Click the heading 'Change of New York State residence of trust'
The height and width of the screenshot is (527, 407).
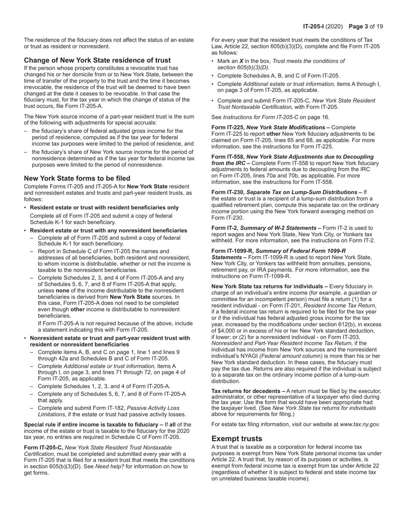(x=97, y=60)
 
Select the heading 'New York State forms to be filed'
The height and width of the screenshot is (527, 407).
(x=77, y=178)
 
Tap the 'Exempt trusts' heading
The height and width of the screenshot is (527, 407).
(x=236, y=439)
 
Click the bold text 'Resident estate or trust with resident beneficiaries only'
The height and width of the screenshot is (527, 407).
(x=105, y=208)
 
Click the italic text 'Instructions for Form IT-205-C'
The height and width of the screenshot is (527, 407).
(x=264, y=117)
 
